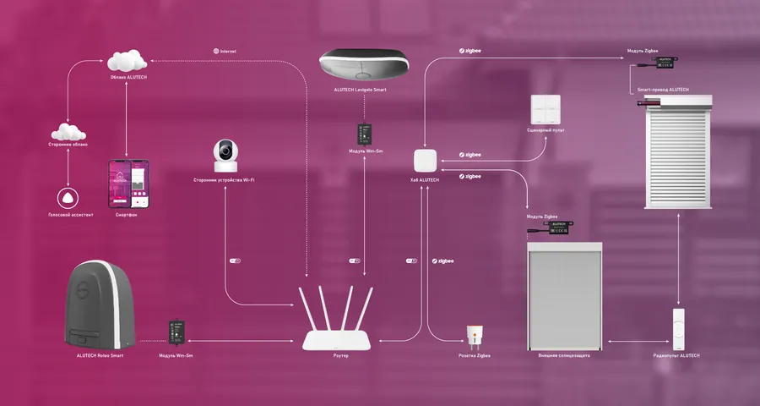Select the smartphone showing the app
[x=126, y=186]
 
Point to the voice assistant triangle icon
[x=67, y=198]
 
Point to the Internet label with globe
[x=225, y=52]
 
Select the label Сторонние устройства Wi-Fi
[x=224, y=180]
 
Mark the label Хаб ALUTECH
[x=425, y=181]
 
